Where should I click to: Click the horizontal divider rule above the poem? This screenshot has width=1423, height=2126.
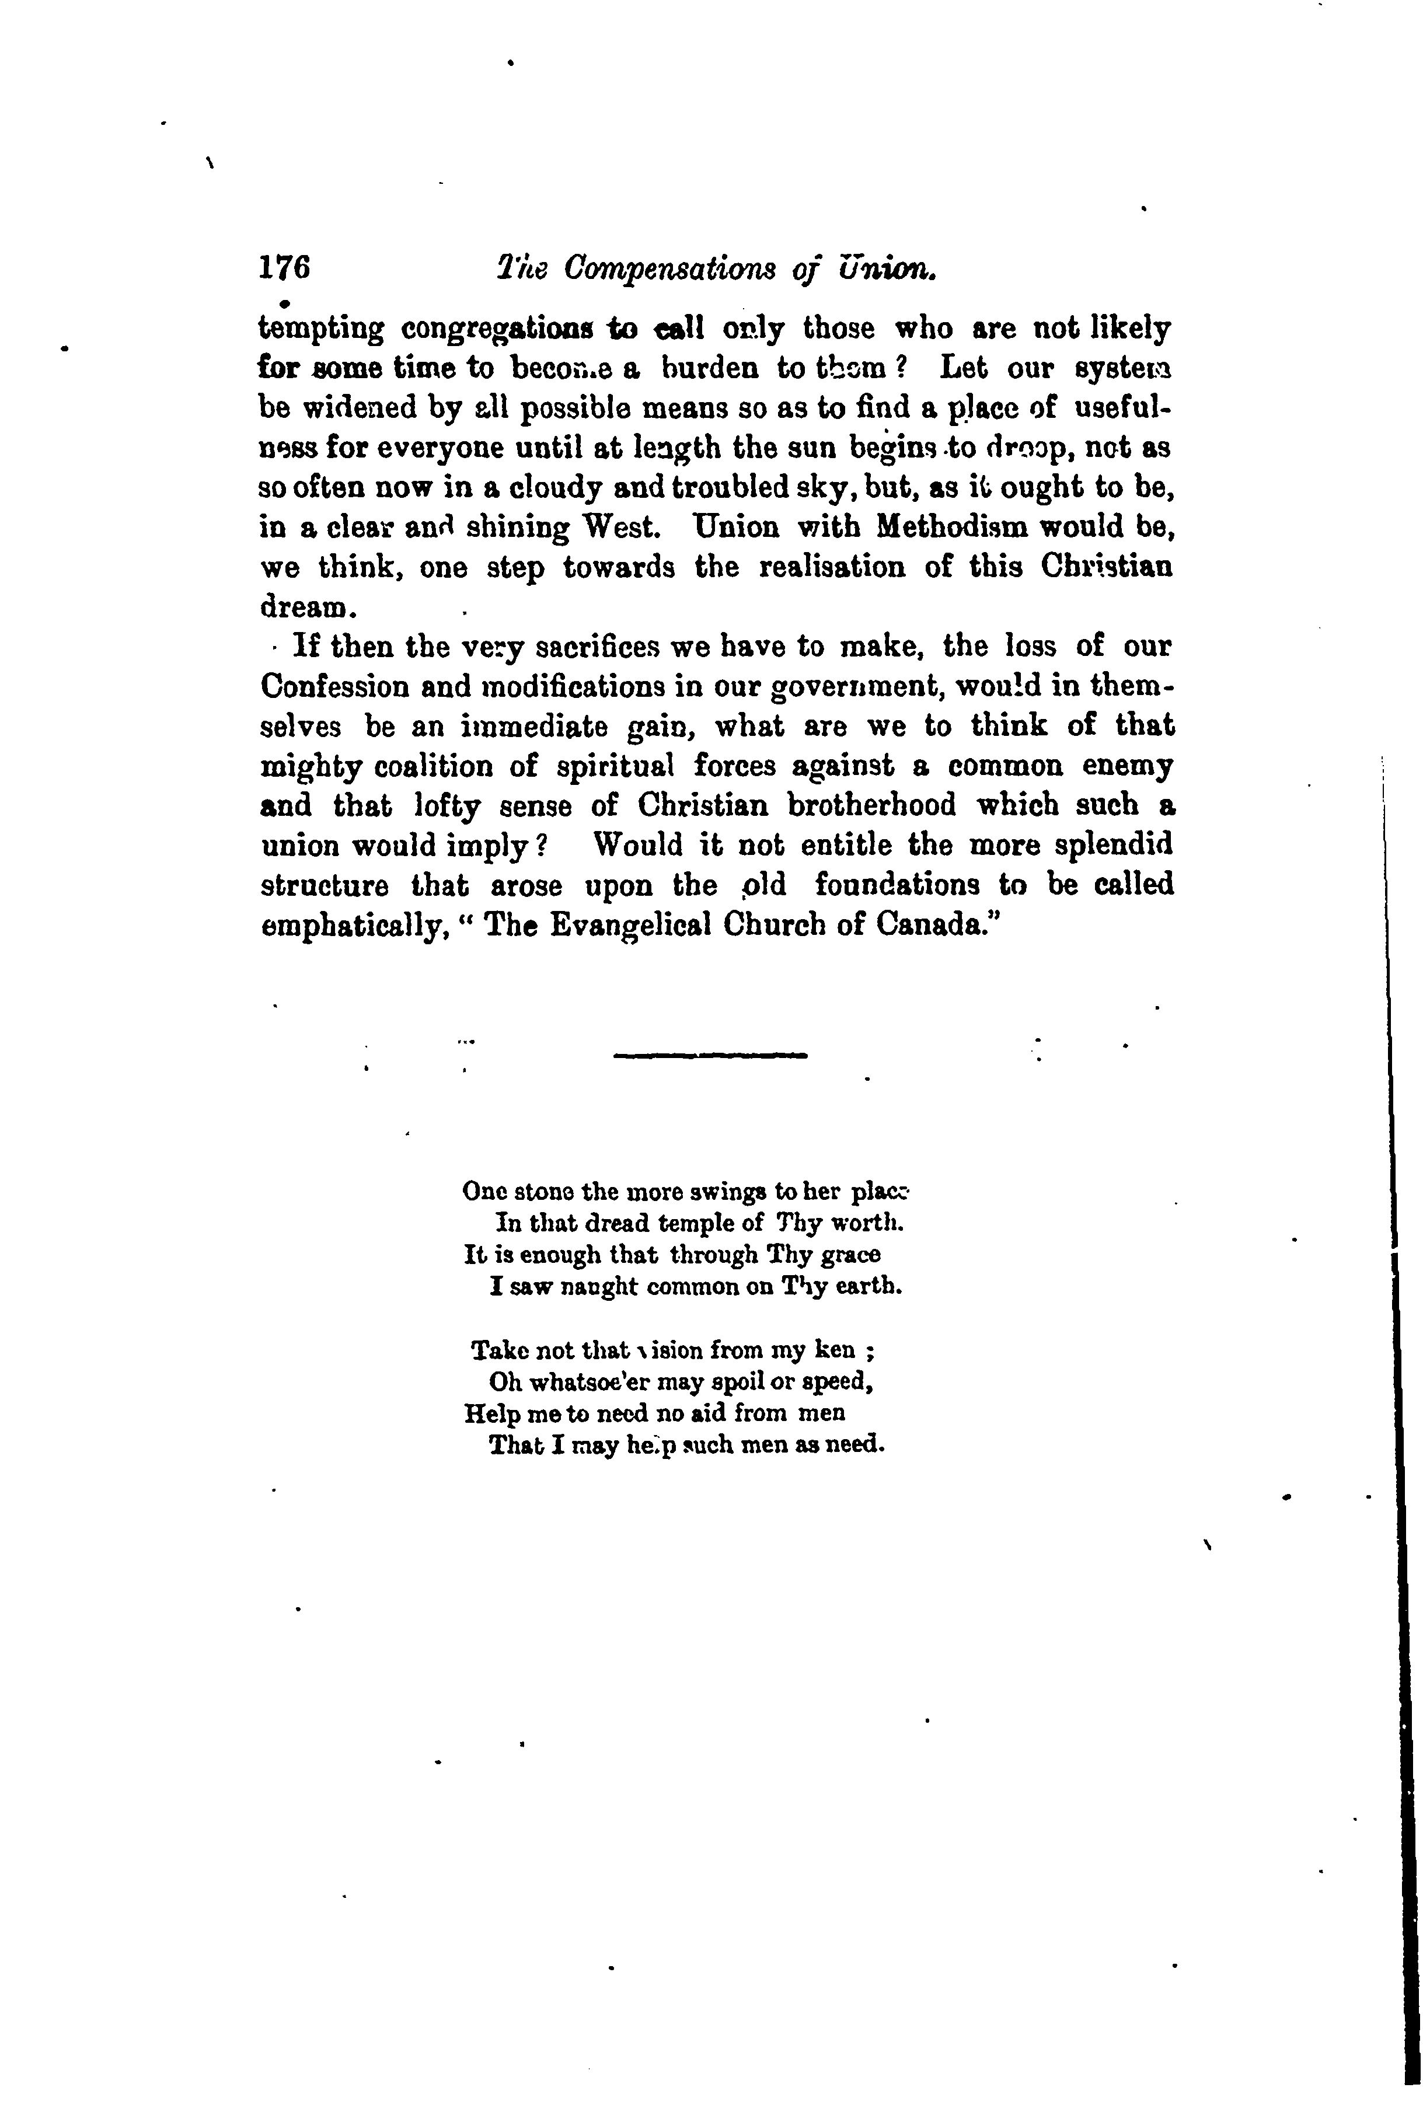pyautogui.click(x=710, y=1055)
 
